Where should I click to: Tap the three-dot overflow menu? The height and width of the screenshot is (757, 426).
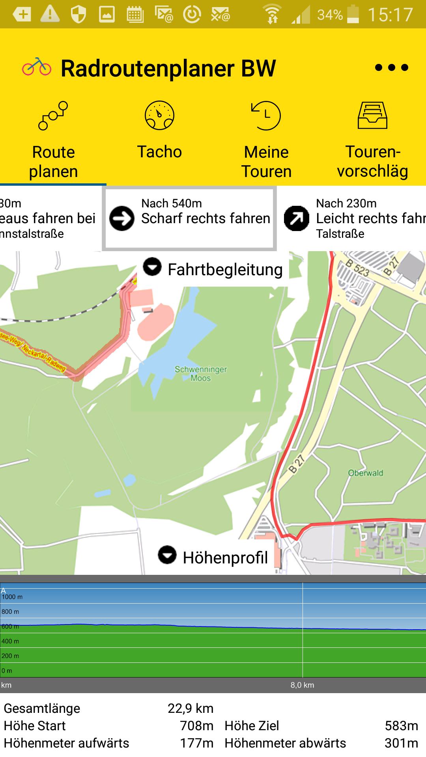click(x=391, y=67)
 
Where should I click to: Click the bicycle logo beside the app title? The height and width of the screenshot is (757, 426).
click(x=36, y=67)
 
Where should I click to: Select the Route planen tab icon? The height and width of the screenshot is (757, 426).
click(x=53, y=116)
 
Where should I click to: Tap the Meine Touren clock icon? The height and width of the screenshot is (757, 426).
click(x=266, y=116)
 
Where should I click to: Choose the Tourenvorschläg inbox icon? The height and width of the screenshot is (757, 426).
click(x=372, y=116)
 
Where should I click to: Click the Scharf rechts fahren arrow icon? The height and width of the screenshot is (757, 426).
click(x=122, y=218)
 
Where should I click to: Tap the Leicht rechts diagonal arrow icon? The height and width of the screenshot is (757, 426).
click(x=297, y=218)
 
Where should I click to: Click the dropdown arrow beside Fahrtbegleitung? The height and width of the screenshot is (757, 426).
click(x=152, y=267)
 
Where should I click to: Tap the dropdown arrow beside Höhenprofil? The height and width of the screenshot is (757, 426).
click(x=167, y=555)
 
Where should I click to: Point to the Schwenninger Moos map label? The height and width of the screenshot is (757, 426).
click(x=201, y=374)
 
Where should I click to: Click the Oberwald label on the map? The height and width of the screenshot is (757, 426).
click(x=366, y=473)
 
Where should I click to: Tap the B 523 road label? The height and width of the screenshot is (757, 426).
click(x=357, y=268)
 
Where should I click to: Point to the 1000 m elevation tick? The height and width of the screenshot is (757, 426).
click(x=12, y=597)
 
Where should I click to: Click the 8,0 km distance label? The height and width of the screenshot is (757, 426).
click(x=302, y=685)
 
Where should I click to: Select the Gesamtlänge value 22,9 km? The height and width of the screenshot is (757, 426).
click(x=191, y=709)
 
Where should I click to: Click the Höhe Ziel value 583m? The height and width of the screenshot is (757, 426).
click(x=401, y=725)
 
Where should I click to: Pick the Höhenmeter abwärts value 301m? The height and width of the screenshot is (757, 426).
click(x=401, y=743)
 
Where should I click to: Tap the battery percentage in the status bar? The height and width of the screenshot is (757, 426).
click(x=330, y=15)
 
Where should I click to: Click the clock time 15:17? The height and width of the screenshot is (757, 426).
click(x=390, y=15)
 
